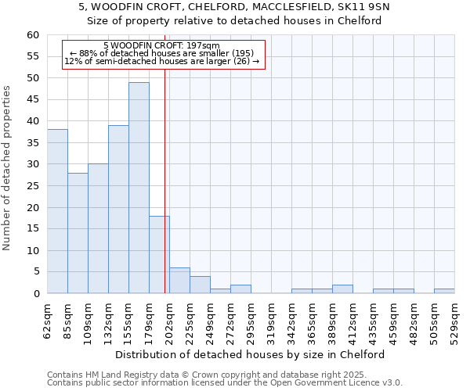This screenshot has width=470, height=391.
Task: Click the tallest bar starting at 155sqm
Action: coord(139,188)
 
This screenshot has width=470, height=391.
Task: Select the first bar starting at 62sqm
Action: coord(57,211)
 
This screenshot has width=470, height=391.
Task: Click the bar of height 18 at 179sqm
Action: coord(159,255)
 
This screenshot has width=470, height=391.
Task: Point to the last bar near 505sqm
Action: coord(444,291)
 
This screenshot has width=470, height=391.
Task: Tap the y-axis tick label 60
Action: coord(32,35)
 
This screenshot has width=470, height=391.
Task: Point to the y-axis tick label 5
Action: coord(35,272)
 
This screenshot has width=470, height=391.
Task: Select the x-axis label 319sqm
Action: coord(271,320)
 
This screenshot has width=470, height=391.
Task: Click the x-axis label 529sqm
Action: coord(454,320)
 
